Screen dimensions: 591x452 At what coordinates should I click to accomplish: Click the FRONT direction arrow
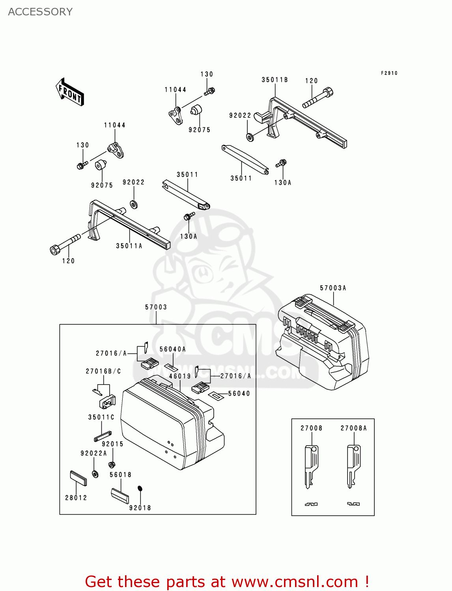tap(70, 92)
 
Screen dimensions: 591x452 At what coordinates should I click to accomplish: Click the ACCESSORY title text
tap(40, 12)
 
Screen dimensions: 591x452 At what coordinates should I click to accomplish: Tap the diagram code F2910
tap(389, 73)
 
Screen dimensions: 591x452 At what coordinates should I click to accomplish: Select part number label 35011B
tap(275, 80)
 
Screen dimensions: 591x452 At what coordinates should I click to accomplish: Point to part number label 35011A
tap(129, 246)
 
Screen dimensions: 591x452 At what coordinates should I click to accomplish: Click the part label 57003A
tap(333, 288)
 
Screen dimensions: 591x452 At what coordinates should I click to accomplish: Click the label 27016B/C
tap(103, 371)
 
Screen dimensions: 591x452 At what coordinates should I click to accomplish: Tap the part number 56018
tap(120, 475)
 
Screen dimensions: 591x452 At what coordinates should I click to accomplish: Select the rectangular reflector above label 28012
tap(78, 478)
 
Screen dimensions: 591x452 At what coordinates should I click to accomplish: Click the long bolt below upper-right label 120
tap(318, 98)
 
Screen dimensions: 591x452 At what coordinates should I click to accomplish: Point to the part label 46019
tap(180, 376)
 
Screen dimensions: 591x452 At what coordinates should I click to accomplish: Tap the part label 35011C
tap(101, 417)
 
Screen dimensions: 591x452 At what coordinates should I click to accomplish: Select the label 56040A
tap(172, 349)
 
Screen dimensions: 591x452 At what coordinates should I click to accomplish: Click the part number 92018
tap(140, 508)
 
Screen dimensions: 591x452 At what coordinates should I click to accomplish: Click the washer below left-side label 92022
tap(134, 204)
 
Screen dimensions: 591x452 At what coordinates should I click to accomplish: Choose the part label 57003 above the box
tap(156, 307)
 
